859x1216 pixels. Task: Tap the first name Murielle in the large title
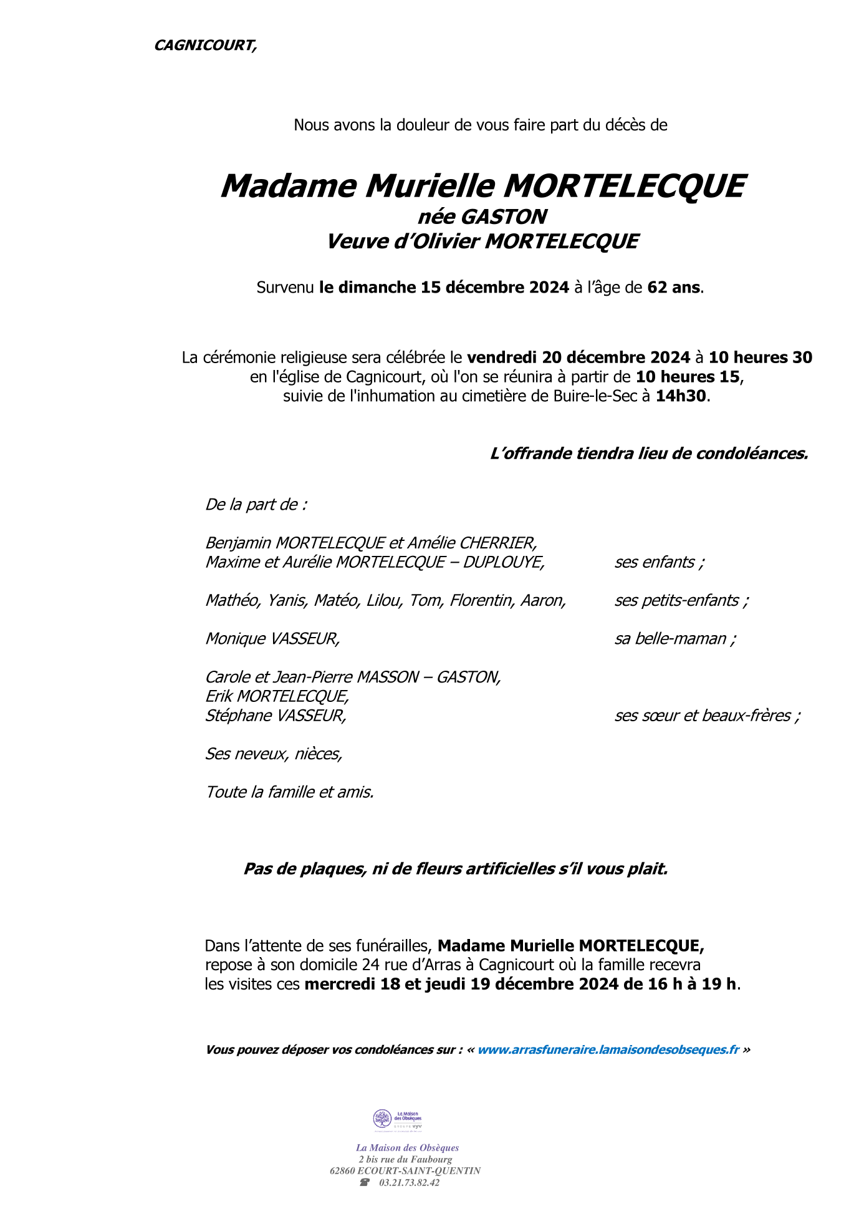[430, 186]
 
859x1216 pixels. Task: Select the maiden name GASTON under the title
[503, 217]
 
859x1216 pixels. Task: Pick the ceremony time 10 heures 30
[760, 358]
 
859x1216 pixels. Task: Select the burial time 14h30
[681, 396]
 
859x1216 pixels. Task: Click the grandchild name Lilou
[383, 600]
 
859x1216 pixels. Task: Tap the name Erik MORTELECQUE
[277, 696]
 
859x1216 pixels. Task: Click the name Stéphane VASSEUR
[275, 716]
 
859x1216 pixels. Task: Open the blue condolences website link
[608, 1050]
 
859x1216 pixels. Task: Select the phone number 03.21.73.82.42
[409, 1182]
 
